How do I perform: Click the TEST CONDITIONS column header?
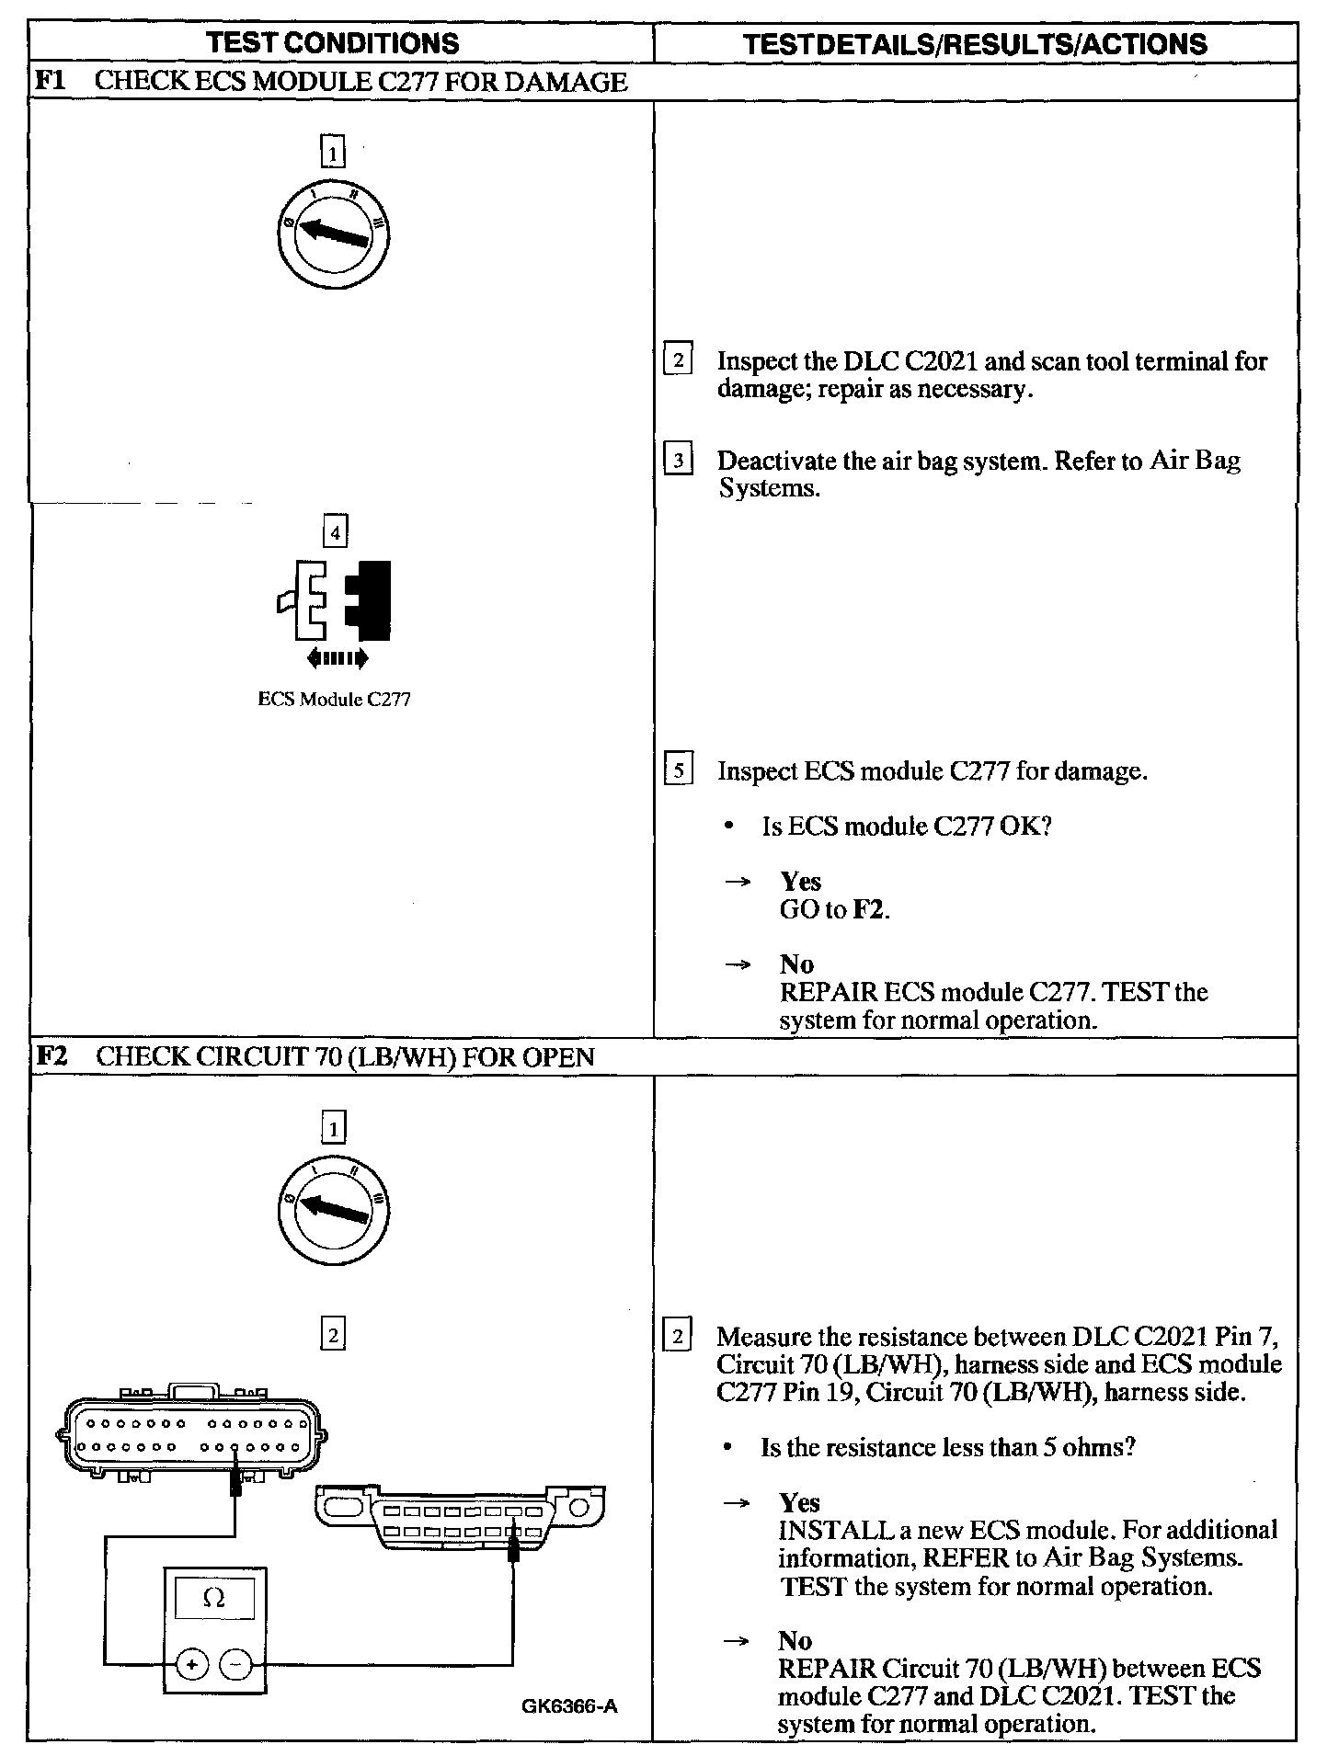[x=333, y=42]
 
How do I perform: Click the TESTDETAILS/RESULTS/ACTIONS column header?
[x=975, y=44]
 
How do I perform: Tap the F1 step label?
[x=48, y=81]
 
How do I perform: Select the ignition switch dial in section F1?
[x=334, y=233]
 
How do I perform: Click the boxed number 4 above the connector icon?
[x=335, y=531]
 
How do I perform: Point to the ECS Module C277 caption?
[x=334, y=699]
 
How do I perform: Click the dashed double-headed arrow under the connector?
[x=337, y=657]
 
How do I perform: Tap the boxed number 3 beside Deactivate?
[x=678, y=459]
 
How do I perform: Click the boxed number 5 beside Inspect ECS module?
[x=678, y=770]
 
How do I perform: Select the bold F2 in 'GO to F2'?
[x=869, y=909]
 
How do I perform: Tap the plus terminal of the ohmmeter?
[x=190, y=1663]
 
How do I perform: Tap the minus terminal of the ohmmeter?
[x=236, y=1663]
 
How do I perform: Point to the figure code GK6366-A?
[x=568, y=1706]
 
